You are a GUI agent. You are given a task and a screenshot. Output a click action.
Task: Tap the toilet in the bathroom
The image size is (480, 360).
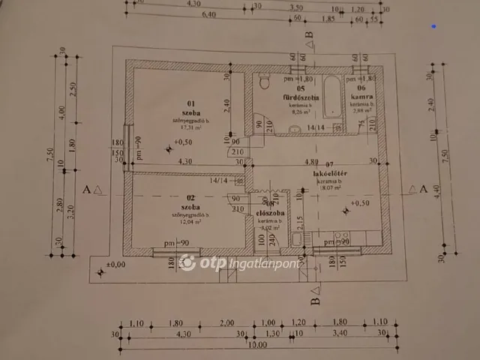coord(262,84)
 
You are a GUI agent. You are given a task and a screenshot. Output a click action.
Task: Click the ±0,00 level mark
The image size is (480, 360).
coord(116,264)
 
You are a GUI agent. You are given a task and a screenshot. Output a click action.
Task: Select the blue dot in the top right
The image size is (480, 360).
coord(434,26)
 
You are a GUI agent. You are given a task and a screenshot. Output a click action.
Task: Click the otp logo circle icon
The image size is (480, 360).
coord(187,262)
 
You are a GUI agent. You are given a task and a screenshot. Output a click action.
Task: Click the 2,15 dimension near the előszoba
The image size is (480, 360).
coord(300,221)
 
